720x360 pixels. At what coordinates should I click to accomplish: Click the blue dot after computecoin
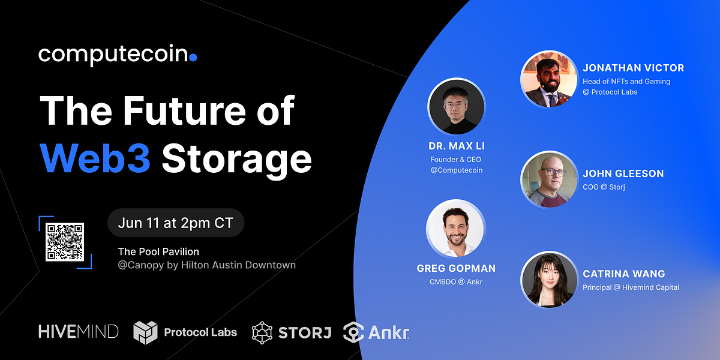pyautogui.click(x=193, y=58)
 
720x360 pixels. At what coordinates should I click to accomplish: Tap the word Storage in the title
pyautogui.click(x=236, y=159)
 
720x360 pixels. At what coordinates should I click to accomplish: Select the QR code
pyautogui.click(x=65, y=242)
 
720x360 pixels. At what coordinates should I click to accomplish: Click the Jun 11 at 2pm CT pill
pyautogui.click(x=176, y=223)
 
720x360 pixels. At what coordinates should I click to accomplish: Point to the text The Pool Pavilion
pyautogui.click(x=158, y=251)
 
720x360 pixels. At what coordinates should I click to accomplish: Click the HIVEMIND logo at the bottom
pyautogui.click(x=78, y=331)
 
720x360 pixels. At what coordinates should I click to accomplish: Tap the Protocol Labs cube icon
pyautogui.click(x=145, y=332)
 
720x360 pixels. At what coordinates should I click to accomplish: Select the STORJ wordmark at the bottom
pyautogui.click(x=305, y=332)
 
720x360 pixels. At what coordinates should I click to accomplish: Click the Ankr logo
pyautogui.click(x=376, y=332)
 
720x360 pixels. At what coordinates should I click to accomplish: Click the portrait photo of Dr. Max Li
pyautogui.click(x=456, y=107)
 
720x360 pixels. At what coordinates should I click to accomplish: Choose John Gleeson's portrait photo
pyautogui.click(x=548, y=179)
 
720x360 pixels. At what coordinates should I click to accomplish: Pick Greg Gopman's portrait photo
pyautogui.click(x=455, y=229)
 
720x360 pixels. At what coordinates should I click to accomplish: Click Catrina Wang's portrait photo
pyautogui.click(x=548, y=279)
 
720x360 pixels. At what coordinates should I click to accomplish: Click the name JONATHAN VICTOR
pyautogui.click(x=633, y=68)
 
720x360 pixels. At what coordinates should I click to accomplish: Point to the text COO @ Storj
pyautogui.click(x=604, y=187)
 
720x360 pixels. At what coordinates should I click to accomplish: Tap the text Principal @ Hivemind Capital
pyautogui.click(x=631, y=287)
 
